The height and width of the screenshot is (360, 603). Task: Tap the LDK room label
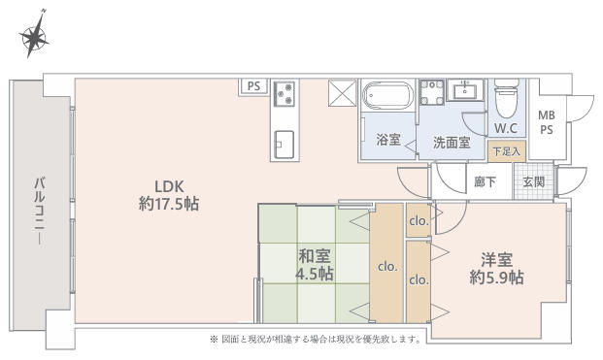[169, 195]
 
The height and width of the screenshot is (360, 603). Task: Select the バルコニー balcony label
[39, 211]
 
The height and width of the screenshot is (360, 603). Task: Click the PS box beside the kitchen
[253, 86]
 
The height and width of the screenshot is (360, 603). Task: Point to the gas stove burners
[285, 93]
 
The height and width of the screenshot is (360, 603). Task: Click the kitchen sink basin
[285, 144]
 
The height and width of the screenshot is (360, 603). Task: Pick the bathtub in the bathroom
[388, 96]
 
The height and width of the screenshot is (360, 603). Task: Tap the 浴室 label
[388, 139]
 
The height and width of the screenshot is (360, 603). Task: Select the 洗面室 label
[452, 143]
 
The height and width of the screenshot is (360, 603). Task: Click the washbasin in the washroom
[465, 90]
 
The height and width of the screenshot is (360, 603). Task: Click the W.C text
[506, 128]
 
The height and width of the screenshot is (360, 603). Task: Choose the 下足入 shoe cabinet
[507, 151]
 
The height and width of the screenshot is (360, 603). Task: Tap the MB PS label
[547, 122]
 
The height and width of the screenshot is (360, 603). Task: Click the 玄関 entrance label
[533, 181]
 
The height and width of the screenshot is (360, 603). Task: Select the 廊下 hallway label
[485, 181]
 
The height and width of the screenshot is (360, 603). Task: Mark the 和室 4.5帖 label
[315, 265]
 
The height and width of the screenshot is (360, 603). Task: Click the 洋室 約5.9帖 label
[496, 268]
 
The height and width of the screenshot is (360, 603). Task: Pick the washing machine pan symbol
[431, 92]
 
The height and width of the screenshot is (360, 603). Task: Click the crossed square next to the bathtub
[343, 92]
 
